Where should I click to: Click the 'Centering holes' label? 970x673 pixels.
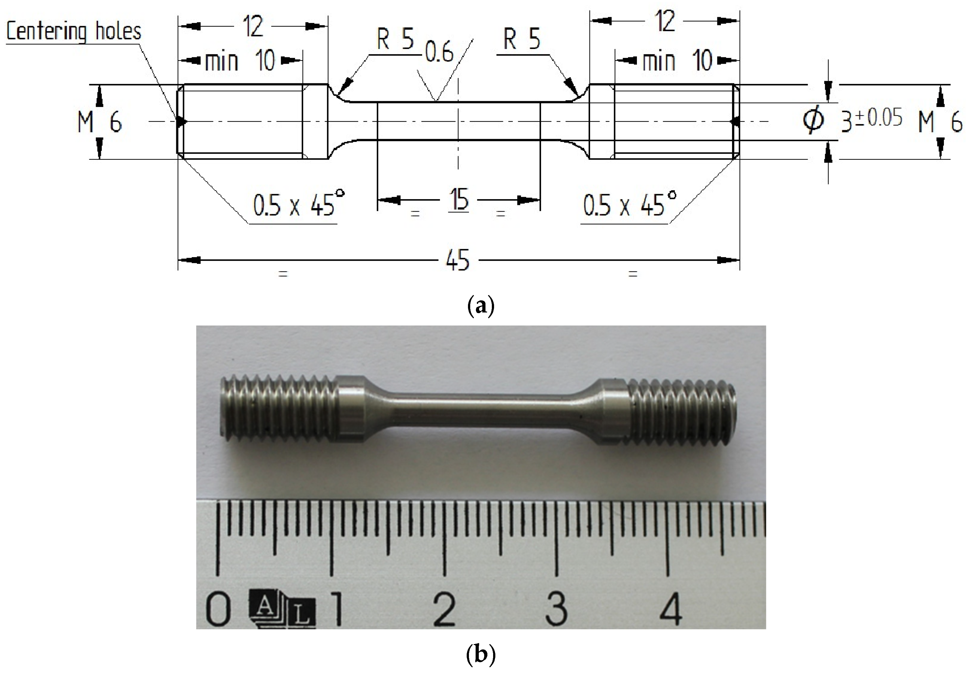[74, 32]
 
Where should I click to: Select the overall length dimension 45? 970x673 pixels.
[457, 260]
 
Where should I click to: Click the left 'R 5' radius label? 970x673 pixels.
[395, 39]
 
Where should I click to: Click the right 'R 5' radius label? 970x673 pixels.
[521, 39]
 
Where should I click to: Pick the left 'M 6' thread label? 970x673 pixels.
[100, 122]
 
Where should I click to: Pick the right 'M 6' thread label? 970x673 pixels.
[940, 122]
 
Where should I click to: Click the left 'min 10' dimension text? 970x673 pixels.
[240, 61]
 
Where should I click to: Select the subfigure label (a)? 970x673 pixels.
[481, 306]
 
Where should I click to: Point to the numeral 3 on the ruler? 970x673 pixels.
[556, 610]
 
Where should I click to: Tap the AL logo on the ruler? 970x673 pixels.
[282, 610]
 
